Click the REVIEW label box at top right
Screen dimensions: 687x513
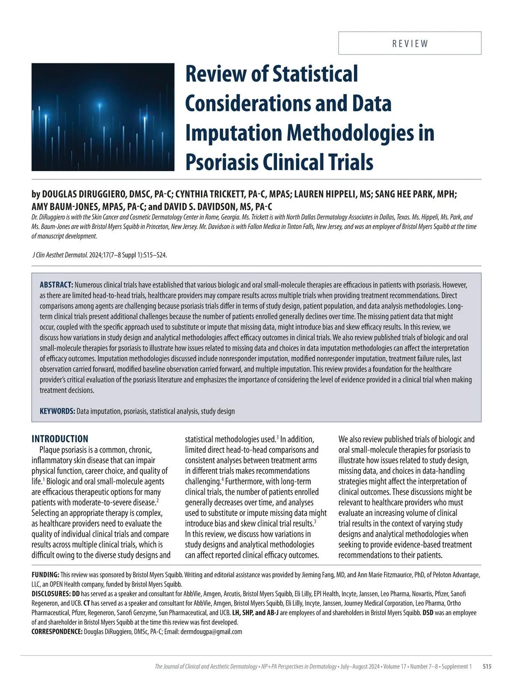coord(410,43)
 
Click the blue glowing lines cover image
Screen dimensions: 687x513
coord(103,117)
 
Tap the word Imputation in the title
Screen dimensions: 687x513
coord(233,133)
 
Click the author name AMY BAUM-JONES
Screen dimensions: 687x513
coord(64,207)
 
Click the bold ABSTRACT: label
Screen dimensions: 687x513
coord(56,285)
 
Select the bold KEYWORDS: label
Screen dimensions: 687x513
coord(57,411)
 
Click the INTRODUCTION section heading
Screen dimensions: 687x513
coord(60,439)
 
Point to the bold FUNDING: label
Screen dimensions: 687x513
coord(45,575)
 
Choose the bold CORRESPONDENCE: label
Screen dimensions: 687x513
coord(57,631)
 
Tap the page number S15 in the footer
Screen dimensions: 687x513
coord(487,666)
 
